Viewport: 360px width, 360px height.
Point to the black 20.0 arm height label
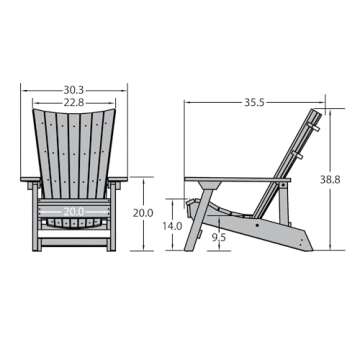click(x=144, y=213)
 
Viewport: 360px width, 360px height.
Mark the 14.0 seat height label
click(x=173, y=227)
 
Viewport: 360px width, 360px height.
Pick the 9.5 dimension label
click(x=219, y=237)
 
